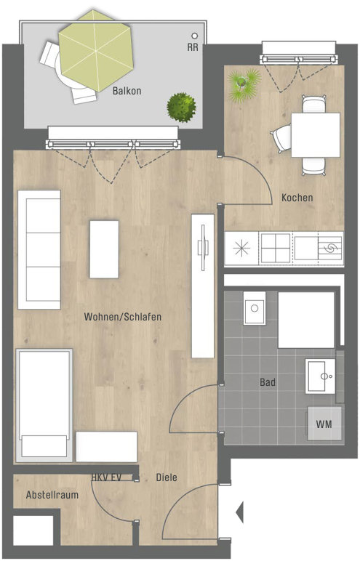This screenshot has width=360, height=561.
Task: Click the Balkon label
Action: [127, 91]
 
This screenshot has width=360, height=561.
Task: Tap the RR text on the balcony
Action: [193, 47]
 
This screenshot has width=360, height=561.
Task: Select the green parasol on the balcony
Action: [96, 51]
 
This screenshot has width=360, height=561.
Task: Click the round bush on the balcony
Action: [182, 108]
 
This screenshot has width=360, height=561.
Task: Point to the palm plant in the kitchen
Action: [244, 84]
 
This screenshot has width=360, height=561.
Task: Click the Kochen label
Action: [297, 198]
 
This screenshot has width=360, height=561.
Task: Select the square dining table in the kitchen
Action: [316, 135]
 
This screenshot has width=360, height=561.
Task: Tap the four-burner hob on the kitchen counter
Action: [276, 249]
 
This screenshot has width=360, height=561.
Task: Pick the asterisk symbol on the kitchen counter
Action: [241, 249]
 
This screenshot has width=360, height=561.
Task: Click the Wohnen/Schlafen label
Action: [122, 317]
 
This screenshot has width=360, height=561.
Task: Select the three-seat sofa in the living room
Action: [39, 250]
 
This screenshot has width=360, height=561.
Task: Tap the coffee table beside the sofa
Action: [104, 249]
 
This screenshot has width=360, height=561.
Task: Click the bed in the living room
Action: [44, 405]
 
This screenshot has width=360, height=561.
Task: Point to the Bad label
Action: [268, 382]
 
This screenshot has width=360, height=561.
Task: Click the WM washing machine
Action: [324, 424]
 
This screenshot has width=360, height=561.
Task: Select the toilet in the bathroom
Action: [255, 307]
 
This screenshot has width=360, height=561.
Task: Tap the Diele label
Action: [167, 477]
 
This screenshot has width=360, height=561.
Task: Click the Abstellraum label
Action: [52, 495]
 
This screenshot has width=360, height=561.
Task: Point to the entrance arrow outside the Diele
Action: [240, 512]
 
